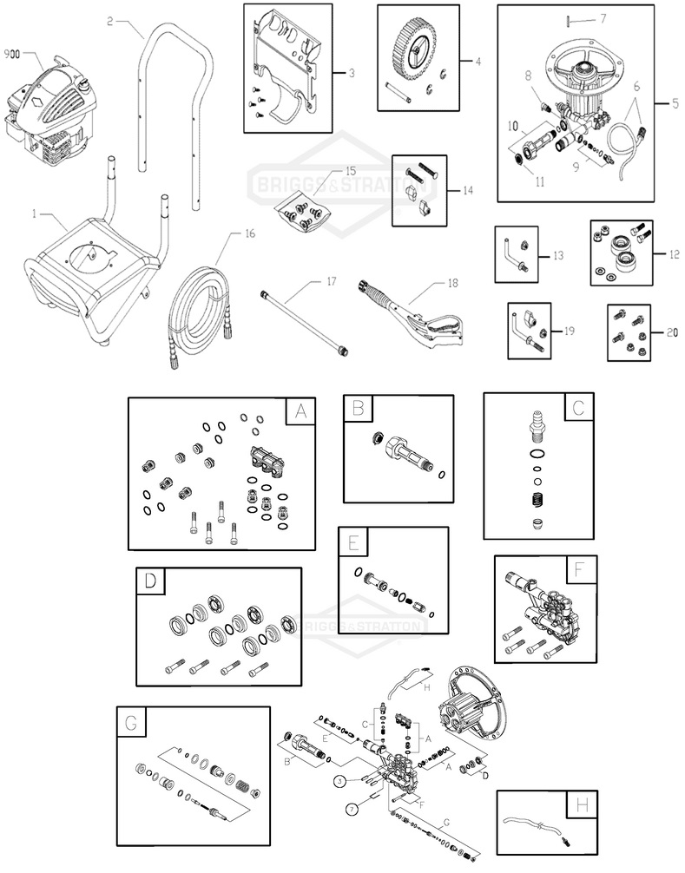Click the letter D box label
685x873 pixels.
(150, 581)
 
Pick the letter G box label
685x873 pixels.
(131, 721)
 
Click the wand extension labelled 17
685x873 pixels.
(306, 320)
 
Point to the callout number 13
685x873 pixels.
(557, 257)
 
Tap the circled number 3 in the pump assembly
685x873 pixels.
(340, 781)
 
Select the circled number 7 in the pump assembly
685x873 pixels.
(352, 809)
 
